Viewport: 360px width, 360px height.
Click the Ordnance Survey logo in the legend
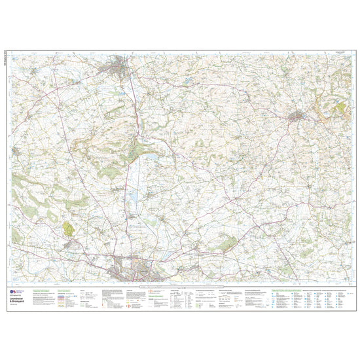[12, 289]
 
